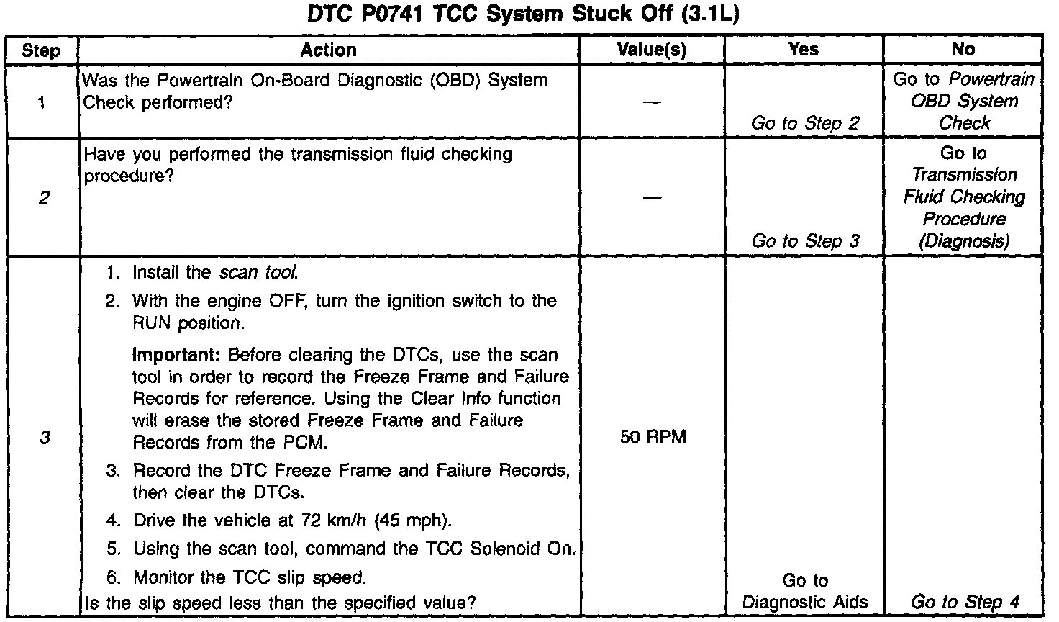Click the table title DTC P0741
pyautogui.click(x=523, y=14)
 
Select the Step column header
pyautogui.click(x=41, y=50)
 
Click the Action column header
pyautogui.click(x=328, y=50)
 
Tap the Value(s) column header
pyautogui.click(x=652, y=50)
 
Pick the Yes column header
pyautogui.click(x=803, y=49)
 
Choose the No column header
pyautogui.click(x=963, y=49)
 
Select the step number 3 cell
pyautogui.click(x=45, y=437)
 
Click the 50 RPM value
pyautogui.click(x=653, y=437)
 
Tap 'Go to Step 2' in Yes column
pyautogui.click(x=805, y=124)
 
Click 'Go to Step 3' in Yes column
pyautogui.click(x=805, y=241)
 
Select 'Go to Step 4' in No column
pyautogui.click(x=965, y=603)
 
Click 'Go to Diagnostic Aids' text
pyautogui.click(x=805, y=592)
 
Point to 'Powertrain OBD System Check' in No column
pyautogui.click(x=964, y=102)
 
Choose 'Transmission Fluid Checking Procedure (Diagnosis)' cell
pyautogui.click(x=964, y=197)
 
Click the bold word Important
pyautogui.click(x=177, y=356)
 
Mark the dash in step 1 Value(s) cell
pyautogui.click(x=652, y=102)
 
